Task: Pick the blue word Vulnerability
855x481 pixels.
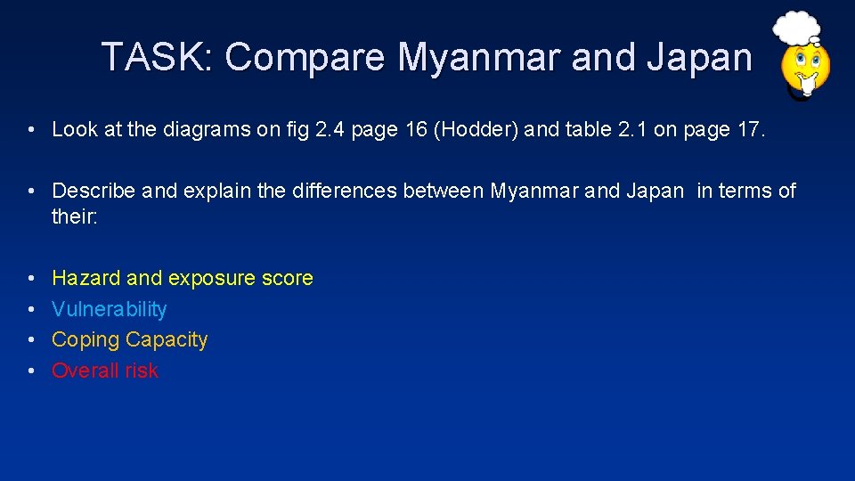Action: tap(110, 309)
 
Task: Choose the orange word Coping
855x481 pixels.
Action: tap(86, 340)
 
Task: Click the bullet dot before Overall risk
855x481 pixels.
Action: tap(30, 371)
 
